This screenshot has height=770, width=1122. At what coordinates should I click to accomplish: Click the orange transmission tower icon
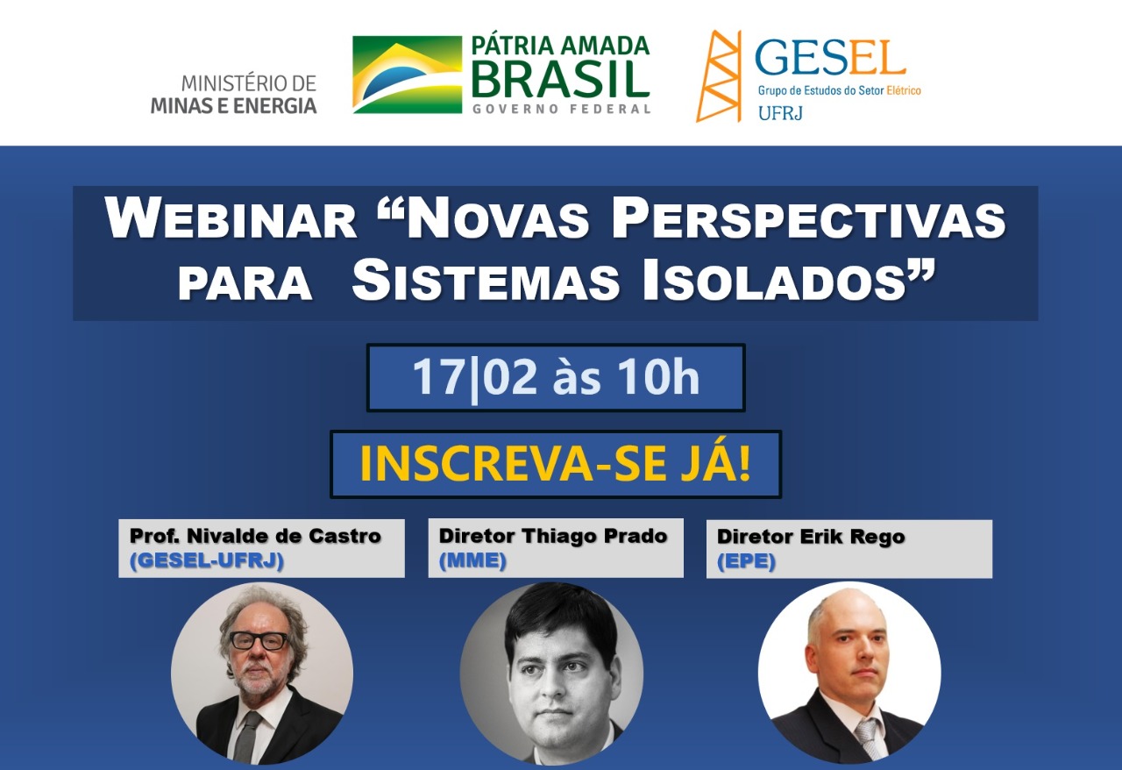[719, 76]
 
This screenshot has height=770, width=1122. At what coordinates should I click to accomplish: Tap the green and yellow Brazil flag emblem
[408, 75]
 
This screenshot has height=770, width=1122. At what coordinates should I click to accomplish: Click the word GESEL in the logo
[830, 58]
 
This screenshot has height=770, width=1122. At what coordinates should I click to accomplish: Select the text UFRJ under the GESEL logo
[780, 114]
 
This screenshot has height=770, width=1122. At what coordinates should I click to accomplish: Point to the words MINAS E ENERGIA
[234, 106]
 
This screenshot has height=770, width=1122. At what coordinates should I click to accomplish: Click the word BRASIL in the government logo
[560, 79]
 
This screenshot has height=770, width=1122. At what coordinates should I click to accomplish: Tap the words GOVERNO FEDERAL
[562, 109]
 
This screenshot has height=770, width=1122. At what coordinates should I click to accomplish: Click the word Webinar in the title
[231, 218]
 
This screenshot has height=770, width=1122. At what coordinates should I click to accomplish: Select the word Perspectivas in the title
[808, 218]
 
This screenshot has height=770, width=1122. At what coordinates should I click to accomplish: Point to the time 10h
[658, 376]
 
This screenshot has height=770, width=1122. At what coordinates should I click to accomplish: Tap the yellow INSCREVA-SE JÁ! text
[556, 464]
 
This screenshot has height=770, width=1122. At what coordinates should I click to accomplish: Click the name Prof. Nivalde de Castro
[255, 536]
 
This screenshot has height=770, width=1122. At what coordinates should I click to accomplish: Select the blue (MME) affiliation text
[472, 560]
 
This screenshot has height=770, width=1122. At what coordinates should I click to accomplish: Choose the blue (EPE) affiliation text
[746, 561]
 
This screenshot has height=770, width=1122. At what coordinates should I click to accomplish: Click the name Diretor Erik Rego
[811, 537]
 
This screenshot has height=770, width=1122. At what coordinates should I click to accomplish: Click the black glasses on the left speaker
[259, 641]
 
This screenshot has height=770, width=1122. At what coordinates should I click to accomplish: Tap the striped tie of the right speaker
[870, 738]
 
